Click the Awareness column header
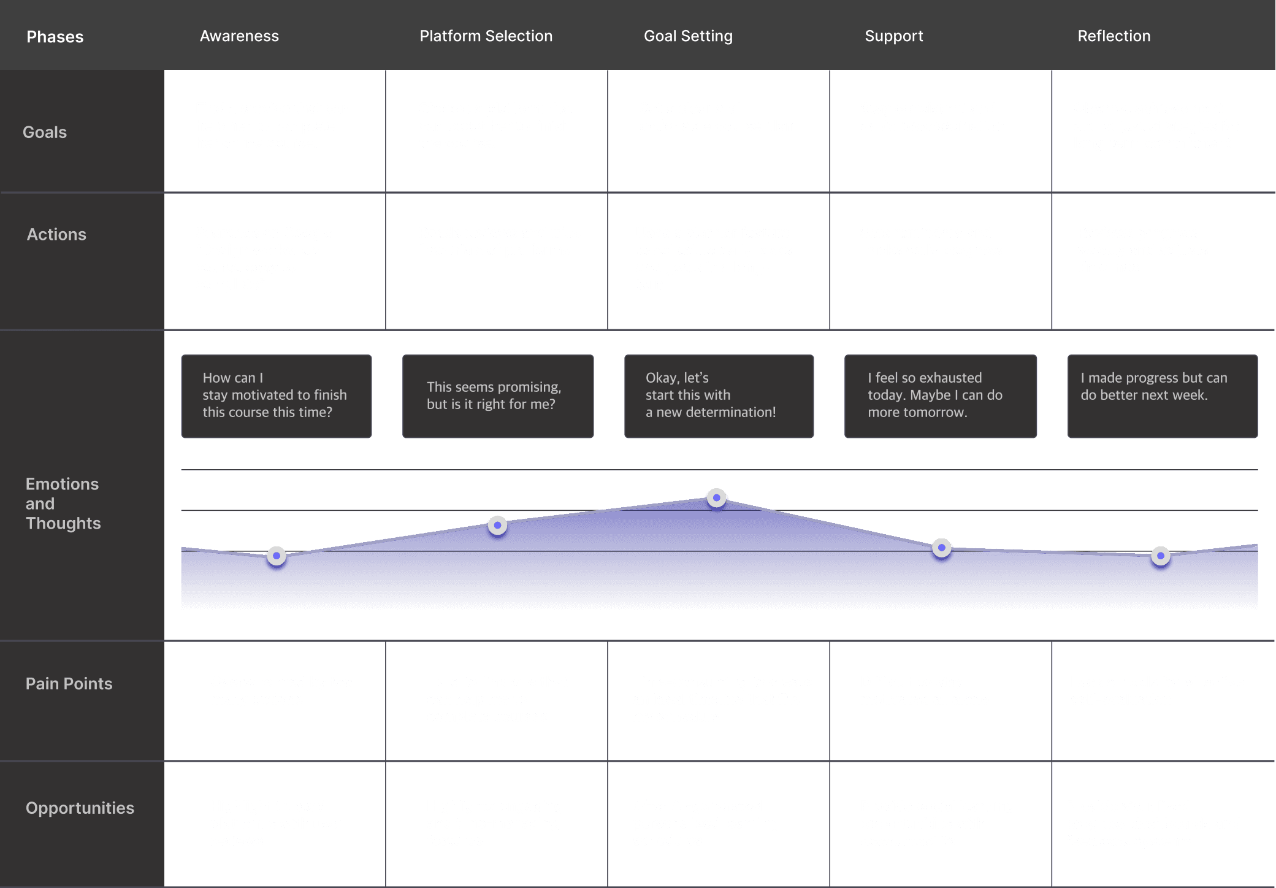tap(239, 36)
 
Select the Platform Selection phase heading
tap(486, 36)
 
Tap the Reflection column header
tap(1114, 36)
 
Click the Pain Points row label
tap(69, 684)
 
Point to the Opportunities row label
tap(80, 808)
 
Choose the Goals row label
tap(45, 132)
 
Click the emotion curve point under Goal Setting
tap(716, 497)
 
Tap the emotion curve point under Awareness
tap(277, 556)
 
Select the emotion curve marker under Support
tap(941, 547)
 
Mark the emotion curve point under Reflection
tap(1160, 556)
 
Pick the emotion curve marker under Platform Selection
tap(497, 525)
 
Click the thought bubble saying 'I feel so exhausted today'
tap(940, 396)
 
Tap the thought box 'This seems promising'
tap(497, 396)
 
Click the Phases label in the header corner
tap(55, 37)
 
